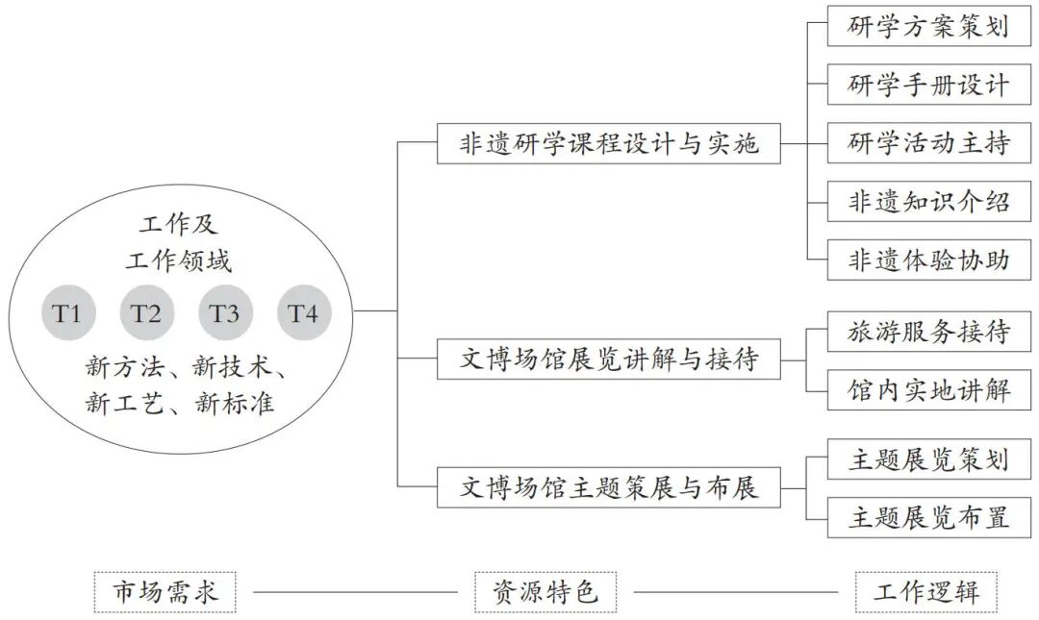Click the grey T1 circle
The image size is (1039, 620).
click(x=67, y=313)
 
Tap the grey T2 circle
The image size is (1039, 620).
click(x=146, y=313)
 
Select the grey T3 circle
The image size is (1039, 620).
click(x=225, y=313)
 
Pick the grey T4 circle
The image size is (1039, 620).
click(x=304, y=313)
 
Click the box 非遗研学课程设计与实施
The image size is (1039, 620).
click(x=608, y=143)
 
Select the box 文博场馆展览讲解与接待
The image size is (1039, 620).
click(x=608, y=360)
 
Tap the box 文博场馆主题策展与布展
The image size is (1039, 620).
click(x=608, y=488)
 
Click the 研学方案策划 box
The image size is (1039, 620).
click(x=928, y=26)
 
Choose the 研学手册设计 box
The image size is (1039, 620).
click(x=928, y=85)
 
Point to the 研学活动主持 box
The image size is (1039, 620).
click(x=928, y=143)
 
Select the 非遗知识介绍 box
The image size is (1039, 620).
click(x=928, y=202)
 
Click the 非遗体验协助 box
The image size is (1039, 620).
click(x=928, y=260)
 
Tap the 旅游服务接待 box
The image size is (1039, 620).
click(x=928, y=333)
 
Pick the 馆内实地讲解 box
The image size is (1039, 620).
click(x=928, y=390)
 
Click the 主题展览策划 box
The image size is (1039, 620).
click(x=928, y=459)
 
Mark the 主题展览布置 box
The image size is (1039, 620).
click(x=928, y=518)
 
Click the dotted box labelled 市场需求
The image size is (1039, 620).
click(x=165, y=592)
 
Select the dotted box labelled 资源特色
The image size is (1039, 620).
click(x=545, y=592)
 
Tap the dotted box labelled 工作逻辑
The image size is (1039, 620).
click(x=926, y=592)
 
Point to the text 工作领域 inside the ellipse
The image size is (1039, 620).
click(x=179, y=260)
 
